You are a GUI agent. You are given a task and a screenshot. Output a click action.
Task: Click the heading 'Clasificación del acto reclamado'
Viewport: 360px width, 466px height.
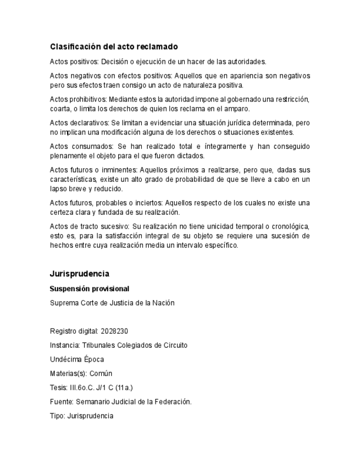[114, 47]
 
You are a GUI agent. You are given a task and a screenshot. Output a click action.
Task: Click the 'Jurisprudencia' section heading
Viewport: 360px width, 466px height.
[79, 274]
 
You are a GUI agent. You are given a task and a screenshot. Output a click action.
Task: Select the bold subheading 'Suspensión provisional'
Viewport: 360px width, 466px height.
[89, 289]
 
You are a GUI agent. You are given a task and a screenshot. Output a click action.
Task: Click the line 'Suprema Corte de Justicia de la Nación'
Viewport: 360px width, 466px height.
[112, 303]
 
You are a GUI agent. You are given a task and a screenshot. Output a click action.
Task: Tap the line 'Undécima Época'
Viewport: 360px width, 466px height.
[77, 359]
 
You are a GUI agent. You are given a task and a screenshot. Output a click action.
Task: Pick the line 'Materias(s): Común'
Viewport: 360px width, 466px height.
[81, 374]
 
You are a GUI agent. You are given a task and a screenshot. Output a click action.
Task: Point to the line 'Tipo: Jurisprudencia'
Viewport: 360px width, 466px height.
[81, 416]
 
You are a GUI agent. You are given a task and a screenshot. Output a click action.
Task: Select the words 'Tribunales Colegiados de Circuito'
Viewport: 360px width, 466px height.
[135, 346]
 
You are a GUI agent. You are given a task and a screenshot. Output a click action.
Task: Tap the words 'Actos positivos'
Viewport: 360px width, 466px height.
[74, 62]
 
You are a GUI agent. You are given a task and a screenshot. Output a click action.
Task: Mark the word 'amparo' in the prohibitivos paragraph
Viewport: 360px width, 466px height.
[236, 109]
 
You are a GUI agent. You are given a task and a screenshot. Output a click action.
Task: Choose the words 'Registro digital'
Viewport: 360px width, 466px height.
[73, 331]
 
